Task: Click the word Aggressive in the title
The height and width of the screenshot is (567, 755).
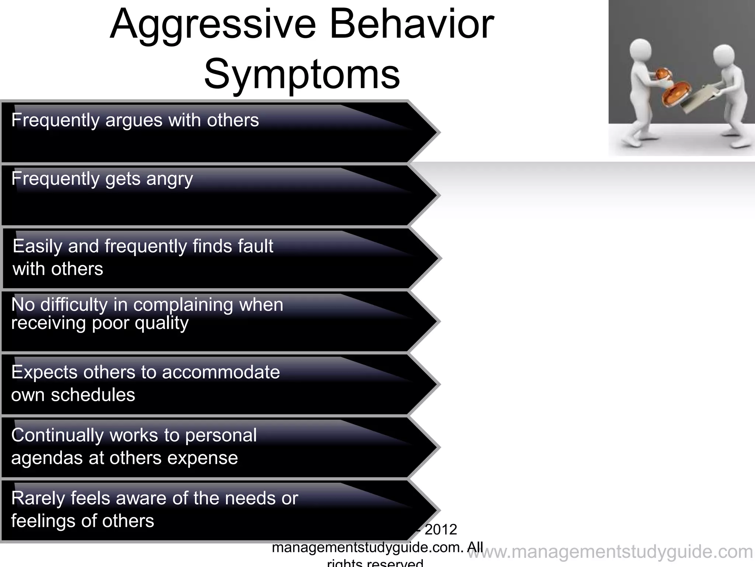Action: pyautogui.click(x=213, y=25)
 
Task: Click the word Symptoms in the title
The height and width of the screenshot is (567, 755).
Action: pyautogui.click(x=302, y=74)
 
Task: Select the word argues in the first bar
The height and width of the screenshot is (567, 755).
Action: pyautogui.click(x=133, y=120)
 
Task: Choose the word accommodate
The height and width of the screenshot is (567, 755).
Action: pyautogui.click(x=221, y=372)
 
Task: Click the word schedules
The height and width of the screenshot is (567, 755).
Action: pyautogui.click(x=93, y=395)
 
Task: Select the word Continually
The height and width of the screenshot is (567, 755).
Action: pyautogui.click(x=57, y=436)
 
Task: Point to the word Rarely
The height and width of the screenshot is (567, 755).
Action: pyautogui.click(x=38, y=499)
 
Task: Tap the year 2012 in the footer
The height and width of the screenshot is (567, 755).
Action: pyautogui.click(x=441, y=530)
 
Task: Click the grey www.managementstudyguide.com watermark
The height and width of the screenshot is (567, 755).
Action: pyautogui.click(x=610, y=552)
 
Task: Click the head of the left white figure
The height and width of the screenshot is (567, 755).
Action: pyautogui.click(x=640, y=51)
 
